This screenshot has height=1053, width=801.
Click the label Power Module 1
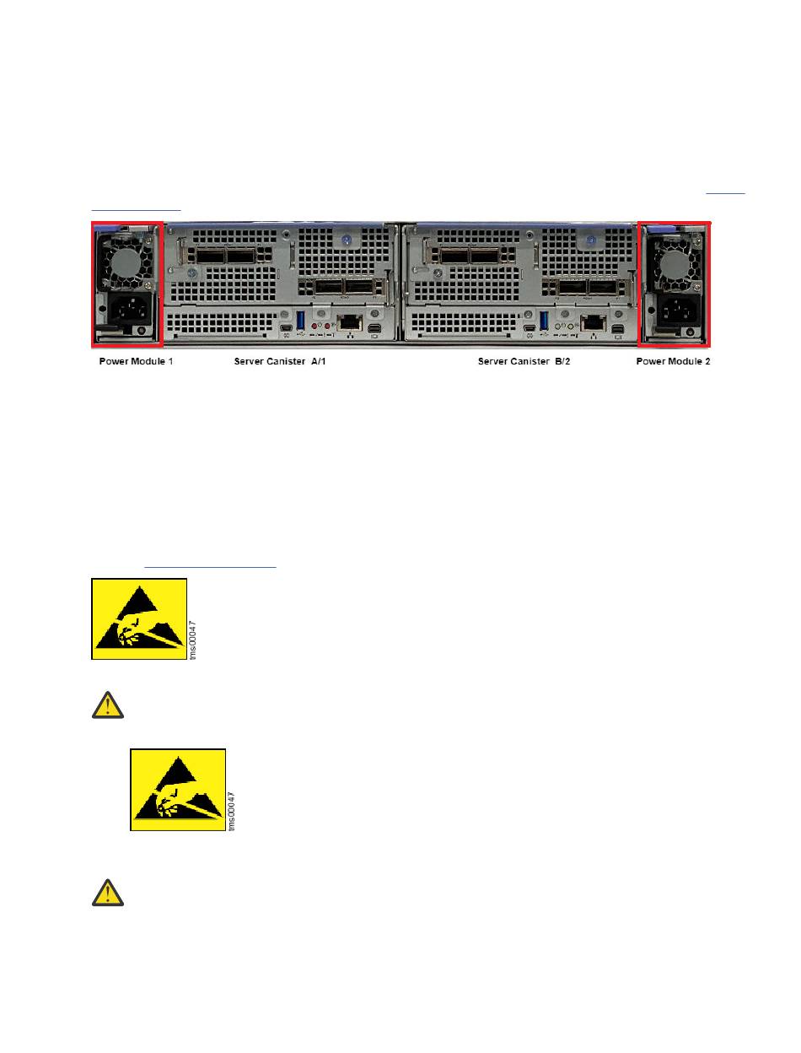tap(132, 362)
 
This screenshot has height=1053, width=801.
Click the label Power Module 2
tap(673, 362)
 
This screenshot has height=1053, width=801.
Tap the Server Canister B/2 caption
tap(524, 362)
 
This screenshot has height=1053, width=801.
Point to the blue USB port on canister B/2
tap(545, 321)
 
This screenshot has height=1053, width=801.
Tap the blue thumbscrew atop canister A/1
tap(346, 240)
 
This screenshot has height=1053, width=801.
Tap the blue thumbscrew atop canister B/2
tap(591, 240)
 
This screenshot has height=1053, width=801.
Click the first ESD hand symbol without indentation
tap(138, 619)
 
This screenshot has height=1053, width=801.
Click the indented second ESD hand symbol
tap(178, 790)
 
